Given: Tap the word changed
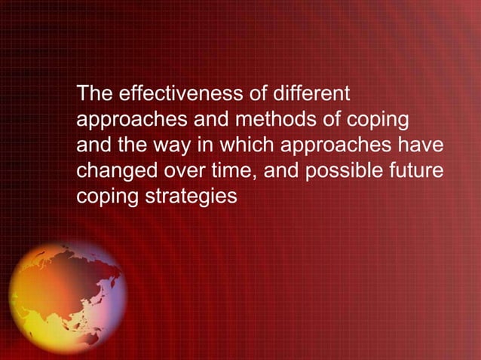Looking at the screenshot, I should [112, 170].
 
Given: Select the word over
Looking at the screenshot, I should [177, 170].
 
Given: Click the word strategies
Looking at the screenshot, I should [191, 196].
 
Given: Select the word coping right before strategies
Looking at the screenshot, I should [104, 196].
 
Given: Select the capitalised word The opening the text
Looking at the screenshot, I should [93, 95].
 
